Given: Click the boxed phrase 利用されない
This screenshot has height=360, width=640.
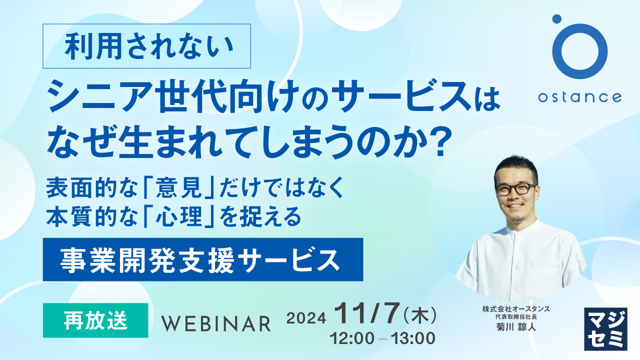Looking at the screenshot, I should click(x=149, y=46).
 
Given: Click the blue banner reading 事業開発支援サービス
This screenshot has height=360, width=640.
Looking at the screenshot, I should click(x=202, y=259).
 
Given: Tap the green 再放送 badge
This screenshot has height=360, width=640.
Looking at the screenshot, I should click(x=95, y=320).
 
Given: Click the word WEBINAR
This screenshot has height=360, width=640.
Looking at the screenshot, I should click(x=215, y=323).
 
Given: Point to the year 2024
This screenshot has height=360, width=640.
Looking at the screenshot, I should click(x=306, y=318).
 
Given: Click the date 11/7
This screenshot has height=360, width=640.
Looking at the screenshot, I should click(x=367, y=314).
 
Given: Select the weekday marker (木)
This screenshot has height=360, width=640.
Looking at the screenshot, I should click(x=420, y=315).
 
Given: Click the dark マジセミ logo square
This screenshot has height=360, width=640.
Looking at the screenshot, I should click(x=605, y=328).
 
